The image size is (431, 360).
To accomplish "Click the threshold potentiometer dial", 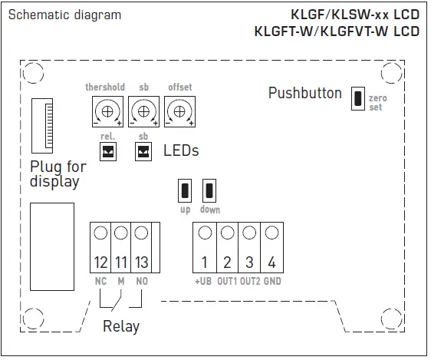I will pyautogui.click(x=107, y=111).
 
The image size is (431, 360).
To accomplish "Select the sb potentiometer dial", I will pyautogui.click(x=143, y=111).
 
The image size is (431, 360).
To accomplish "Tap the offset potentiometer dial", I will pyautogui.click(x=179, y=111).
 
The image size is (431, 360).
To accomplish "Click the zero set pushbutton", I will pyautogui.click(x=357, y=98).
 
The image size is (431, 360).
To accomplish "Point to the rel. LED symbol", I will pyautogui.click(x=107, y=151).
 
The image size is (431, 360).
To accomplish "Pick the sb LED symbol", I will pyautogui.click(x=143, y=151).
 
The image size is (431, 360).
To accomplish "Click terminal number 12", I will pyautogui.click(x=100, y=263).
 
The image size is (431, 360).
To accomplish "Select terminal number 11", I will pyautogui.click(x=120, y=263).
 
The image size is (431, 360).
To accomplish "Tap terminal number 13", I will pyautogui.click(x=141, y=263).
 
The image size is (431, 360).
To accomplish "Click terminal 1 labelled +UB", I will pyautogui.click(x=205, y=263).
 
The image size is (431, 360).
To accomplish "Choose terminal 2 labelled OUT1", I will pyautogui.click(x=227, y=263).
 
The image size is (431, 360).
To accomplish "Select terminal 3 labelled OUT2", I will pyautogui.click(x=248, y=263).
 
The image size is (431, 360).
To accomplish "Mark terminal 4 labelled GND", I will pyautogui.click(x=271, y=263).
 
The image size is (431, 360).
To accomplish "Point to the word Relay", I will pyautogui.click(x=121, y=326).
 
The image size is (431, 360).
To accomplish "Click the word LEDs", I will pyautogui.click(x=181, y=150).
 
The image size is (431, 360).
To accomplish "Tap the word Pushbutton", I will pyautogui.click(x=304, y=94).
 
